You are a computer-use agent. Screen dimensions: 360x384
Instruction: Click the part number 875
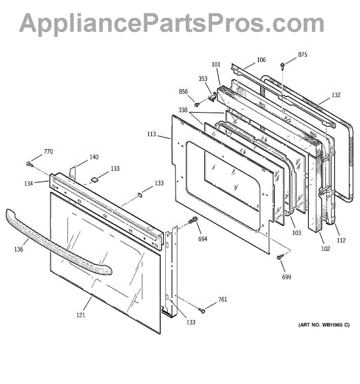[x=302, y=55]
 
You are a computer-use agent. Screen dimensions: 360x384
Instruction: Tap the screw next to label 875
[x=282, y=66]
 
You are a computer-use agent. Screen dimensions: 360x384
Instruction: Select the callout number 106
[x=261, y=60]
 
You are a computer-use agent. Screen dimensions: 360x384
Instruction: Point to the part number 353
[x=202, y=79]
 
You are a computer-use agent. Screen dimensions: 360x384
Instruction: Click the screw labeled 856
[x=196, y=104]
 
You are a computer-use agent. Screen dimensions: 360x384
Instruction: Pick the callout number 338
[x=183, y=110]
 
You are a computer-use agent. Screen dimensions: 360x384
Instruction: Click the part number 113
[x=151, y=134]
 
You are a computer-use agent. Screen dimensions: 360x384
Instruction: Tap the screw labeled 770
[x=30, y=164]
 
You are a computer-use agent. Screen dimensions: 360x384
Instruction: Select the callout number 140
[x=94, y=157]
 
